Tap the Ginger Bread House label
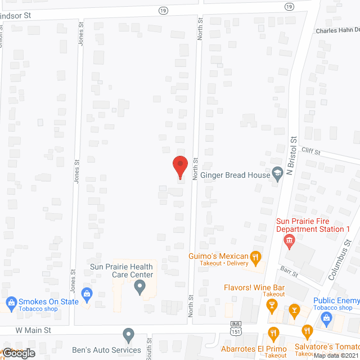(x=235, y=175)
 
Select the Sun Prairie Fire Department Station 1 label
(x=313, y=225)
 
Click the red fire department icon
(x=290, y=241)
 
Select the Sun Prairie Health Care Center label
(x=121, y=271)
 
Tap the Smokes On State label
(x=48, y=301)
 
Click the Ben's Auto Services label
(x=110, y=350)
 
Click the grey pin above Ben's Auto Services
(x=128, y=336)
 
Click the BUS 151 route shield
(x=236, y=327)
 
